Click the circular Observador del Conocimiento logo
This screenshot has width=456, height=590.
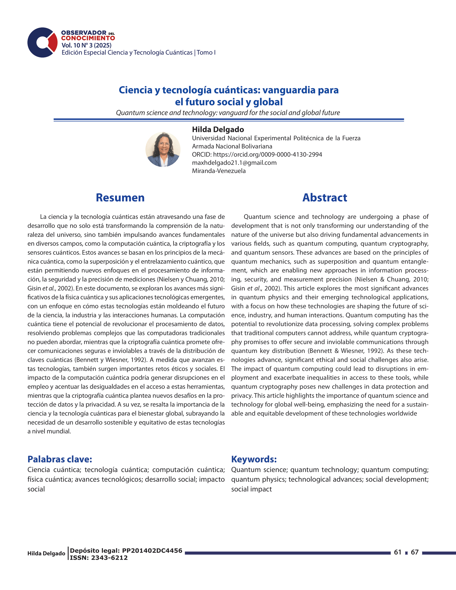pyautogui.click(x=42, y=42)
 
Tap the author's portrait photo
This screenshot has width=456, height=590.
pyautogui.click(x=163, y=149)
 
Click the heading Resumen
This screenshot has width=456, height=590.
pyautogui.click(x=120, y=198)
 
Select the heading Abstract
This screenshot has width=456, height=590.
pyautogui.click(x=325, y=198)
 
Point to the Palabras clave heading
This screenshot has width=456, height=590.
pyautogui.click(x=60, y=459)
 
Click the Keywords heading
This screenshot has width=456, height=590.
pyautogui.click(x=254, y=459)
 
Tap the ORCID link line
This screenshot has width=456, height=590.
pyautogui.click(x=257, y=154)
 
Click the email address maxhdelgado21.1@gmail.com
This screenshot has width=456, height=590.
pyautogui.click(x=234, y=163)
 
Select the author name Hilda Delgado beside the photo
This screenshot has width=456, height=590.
pyautogui.click(x=218, y=130)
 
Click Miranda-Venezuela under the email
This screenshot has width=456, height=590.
pyautogui.click(x=219, y=171)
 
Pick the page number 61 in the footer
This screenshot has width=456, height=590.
pyautogui.click(x=398, y=552)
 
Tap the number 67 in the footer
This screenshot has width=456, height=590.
pyautogui.click(x=415, y=552)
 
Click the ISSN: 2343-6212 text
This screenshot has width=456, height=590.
pyautogui.click(x=99, y=558)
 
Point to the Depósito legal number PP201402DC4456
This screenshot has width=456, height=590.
pyautogui.click(x=152, y=551)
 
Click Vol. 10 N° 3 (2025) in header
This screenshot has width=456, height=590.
pyautogui.click(x=86, y=45)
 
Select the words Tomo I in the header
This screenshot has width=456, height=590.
pyautogui.click(x=206, y=52)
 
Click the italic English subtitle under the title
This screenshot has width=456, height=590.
pyautogui.click(x=228, y=113)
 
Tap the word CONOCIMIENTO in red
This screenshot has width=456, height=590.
pyautogui.click(x=88, y=38)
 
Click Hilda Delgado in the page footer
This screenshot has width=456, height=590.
pyautogui.click(x=46, y=553)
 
